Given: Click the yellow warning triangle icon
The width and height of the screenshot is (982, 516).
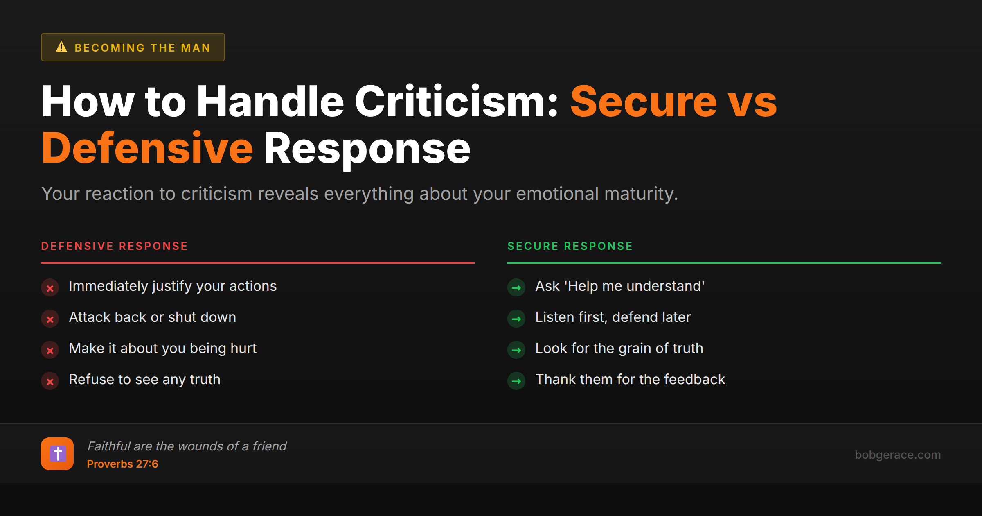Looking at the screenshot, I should click(x=61, y=47).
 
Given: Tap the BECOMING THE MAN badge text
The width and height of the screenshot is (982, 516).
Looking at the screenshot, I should click(x=142, y=48).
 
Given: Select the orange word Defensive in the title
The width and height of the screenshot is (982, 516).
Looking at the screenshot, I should click(x=147, y=148).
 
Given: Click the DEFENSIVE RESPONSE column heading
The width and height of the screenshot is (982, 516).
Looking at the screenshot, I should click(x=114, y=246).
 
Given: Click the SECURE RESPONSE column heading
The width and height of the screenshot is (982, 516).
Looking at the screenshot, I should click(x=570, y=246).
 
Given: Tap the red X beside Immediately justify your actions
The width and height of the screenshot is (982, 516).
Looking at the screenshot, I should click(x=50, y=288).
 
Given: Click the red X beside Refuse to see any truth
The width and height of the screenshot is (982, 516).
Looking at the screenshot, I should click(x=50, y=381).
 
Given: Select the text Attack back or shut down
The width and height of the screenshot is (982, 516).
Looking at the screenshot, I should click(x=152, y=317).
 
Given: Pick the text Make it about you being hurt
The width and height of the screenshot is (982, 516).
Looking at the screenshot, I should click(x=162, y=349).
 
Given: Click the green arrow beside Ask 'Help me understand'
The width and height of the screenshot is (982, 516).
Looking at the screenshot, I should click(x=516, y=288).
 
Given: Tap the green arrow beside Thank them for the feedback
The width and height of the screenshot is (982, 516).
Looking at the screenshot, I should click(x=516, y=381).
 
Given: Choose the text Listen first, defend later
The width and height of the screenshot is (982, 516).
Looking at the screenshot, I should click(x=613, y=317).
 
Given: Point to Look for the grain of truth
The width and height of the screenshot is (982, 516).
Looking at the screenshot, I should click(x=619, y=349).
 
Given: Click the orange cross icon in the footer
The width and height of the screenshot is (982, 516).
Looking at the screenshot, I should click(x=57, y=454).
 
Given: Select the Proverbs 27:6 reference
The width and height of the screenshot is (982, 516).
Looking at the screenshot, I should click(x=122, y=464).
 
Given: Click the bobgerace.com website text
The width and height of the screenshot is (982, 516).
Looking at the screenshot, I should click(x=897, y=455).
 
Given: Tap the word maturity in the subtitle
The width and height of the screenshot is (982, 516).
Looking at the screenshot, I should click(x=640, y=194).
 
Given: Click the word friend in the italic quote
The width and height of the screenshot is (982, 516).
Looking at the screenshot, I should click(x=269, y=446).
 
